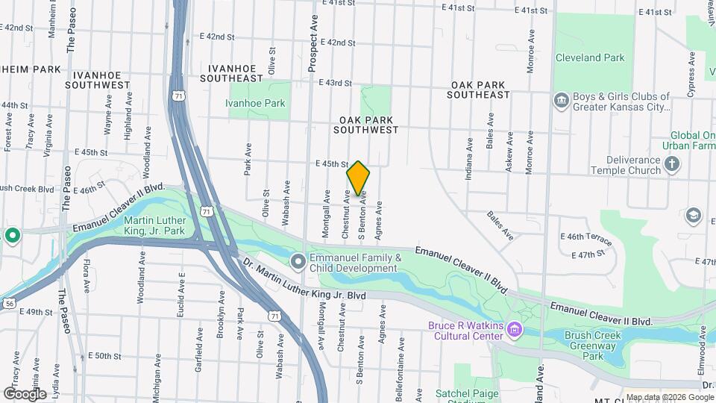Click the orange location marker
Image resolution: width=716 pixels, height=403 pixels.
[359, 178]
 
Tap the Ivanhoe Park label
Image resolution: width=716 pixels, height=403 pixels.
[256, 103]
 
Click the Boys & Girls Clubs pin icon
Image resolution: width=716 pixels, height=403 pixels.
[560, 100]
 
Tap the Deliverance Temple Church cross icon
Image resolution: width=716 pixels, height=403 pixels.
[672, 164]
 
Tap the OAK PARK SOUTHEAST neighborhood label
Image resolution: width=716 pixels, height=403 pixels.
[480, 90]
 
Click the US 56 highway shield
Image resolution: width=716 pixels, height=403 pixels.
[10, 303]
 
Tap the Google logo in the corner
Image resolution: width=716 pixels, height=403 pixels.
[25, 393]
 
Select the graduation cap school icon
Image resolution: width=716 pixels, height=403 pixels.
[694, 216]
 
